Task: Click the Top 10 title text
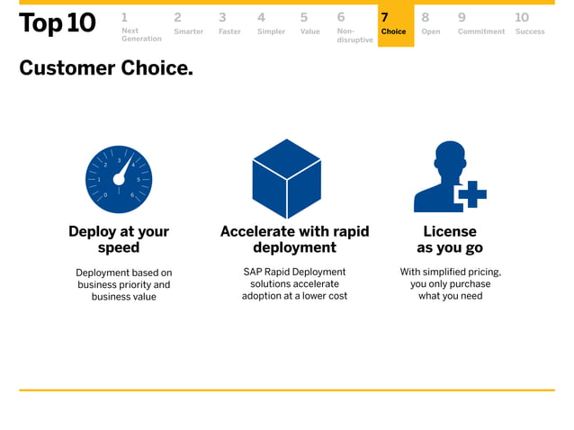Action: pos(57,24)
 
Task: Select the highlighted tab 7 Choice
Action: pos(394,25)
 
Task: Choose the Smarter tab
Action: pos(188,25)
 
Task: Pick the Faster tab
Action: pos(229,25)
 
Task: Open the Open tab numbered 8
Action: pos(430,25)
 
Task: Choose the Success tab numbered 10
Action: pos(529,25)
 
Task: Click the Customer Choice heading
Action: pos(106,68)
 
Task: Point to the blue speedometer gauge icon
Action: pos(119,179)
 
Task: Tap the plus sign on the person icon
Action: pos(471,193)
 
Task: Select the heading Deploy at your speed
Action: pos(119,239)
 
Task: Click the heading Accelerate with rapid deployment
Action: pos(294,239)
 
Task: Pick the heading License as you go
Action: pos(450,239)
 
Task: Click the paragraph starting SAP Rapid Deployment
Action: pos(294,283)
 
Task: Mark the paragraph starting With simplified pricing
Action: pos(450,283)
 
